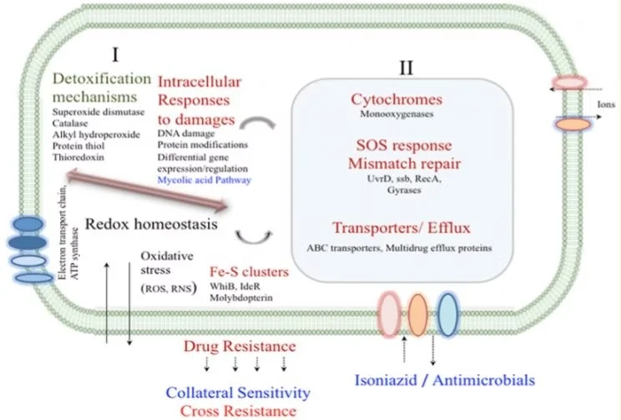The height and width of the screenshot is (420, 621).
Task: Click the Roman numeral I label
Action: (114, 56)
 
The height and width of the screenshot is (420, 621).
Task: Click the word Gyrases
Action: (396, 190)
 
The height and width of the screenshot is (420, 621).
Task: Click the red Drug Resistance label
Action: (239, 346)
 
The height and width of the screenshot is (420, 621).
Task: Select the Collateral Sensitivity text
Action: (238, 392)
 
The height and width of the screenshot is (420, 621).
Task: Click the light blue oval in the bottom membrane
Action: (449, 312)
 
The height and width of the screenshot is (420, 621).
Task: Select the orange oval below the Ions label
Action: (572, 126)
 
